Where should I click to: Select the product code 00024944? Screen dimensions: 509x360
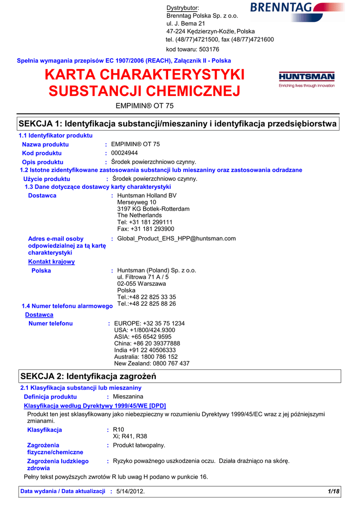pos(124,153)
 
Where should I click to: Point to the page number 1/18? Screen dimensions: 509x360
pos(333,492)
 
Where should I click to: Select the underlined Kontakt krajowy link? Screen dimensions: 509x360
pos(51,261)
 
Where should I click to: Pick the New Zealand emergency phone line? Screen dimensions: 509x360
pos(152,363)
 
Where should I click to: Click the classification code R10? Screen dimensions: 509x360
pos(118,429)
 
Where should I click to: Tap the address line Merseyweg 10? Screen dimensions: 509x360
pos(137,202)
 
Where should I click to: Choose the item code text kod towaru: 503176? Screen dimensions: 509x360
pos(192,49)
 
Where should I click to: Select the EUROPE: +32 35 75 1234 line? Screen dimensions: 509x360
pos(149,324)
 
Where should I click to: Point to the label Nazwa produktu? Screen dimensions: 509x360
pos(45,144)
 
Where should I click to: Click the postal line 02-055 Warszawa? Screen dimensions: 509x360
pos(142,284)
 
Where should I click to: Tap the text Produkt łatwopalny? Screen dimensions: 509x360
pos(139,445)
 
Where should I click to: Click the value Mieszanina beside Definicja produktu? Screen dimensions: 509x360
pos(128,397)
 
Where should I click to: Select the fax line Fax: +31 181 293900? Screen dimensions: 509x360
pos(146,229)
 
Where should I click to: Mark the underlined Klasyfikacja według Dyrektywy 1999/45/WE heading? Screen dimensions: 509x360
pos(95,406)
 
